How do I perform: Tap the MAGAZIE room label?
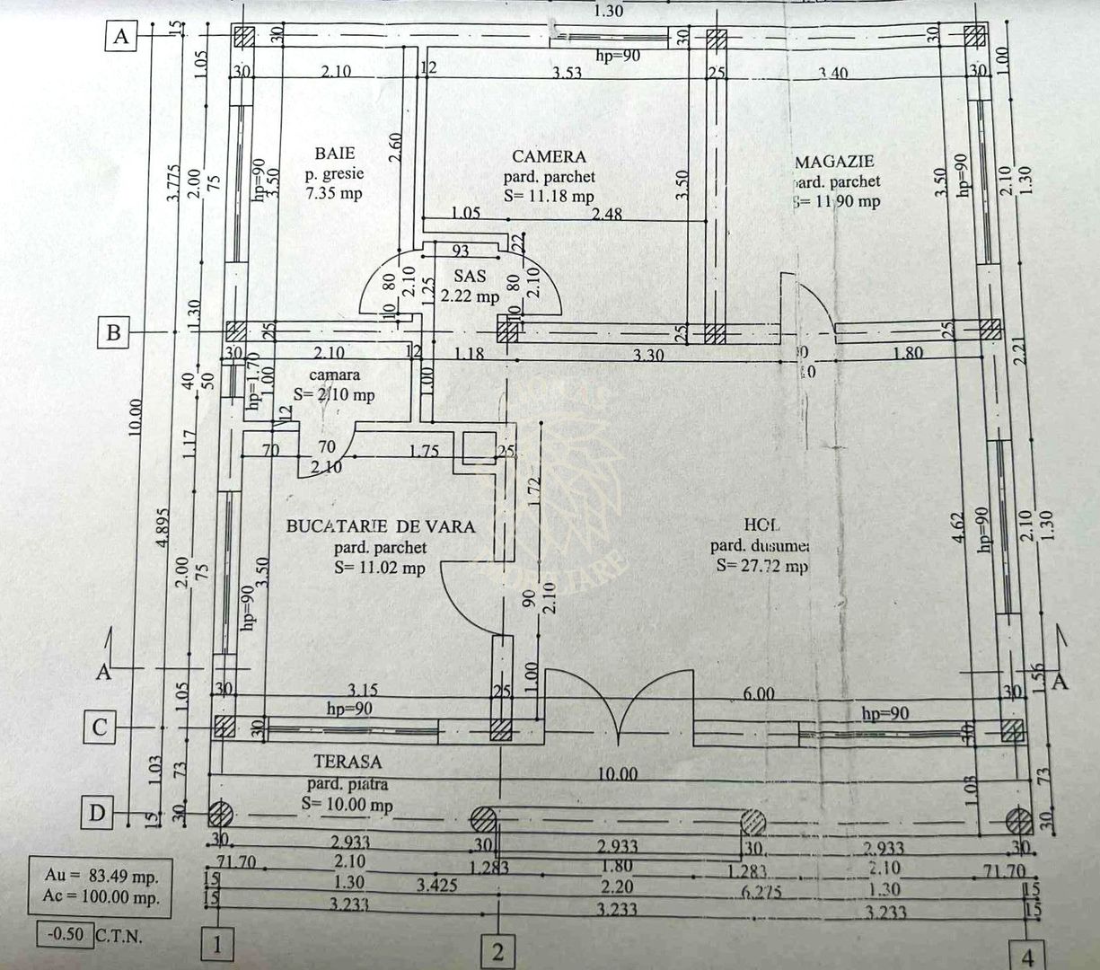(x=834, y=162)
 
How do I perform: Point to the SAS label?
(x=470, y=277)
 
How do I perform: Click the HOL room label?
(x=761, y=525)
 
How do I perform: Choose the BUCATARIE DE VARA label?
(x=380, y=526)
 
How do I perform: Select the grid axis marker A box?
(x=121, y=38)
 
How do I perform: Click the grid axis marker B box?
(x=113, y=333)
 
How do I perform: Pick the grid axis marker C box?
(x=101, y=727)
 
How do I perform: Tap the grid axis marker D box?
(x=98, y=814)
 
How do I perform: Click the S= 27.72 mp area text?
(x=761, y=566)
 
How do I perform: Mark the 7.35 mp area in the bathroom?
(x=334, y=192)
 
